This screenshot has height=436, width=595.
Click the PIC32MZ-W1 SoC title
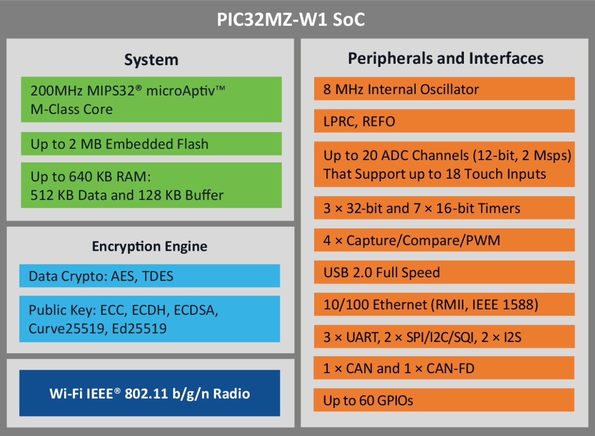coord(291,20)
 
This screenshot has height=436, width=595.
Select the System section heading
coord(151,60)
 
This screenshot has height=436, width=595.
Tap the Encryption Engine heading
coord(150,246)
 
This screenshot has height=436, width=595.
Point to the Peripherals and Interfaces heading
coord(445,58)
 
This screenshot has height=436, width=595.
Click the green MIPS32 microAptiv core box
coord(151,99)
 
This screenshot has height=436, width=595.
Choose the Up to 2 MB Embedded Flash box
coord(151,144)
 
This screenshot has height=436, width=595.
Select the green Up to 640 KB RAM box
coord(151,185)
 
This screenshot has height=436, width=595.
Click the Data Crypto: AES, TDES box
coord(149,276)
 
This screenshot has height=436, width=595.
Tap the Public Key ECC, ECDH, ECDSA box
coord(149,319)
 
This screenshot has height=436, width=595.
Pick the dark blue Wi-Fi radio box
coord(149,393)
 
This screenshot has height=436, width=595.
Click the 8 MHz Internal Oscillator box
coord(444,88)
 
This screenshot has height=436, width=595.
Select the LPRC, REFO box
coord(444,121)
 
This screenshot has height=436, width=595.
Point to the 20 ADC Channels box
coord(444,164)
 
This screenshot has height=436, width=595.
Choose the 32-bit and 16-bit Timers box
coord(444,208)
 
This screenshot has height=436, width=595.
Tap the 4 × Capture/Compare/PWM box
coord(444,240)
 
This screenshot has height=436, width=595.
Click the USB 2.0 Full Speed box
coord(444,272)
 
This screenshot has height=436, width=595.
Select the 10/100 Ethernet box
coord(444,304)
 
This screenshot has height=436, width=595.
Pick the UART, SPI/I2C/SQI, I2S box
coord(444,336)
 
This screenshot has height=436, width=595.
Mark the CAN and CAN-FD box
coord(444,368)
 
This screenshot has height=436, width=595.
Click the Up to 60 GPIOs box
coord(444,400)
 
